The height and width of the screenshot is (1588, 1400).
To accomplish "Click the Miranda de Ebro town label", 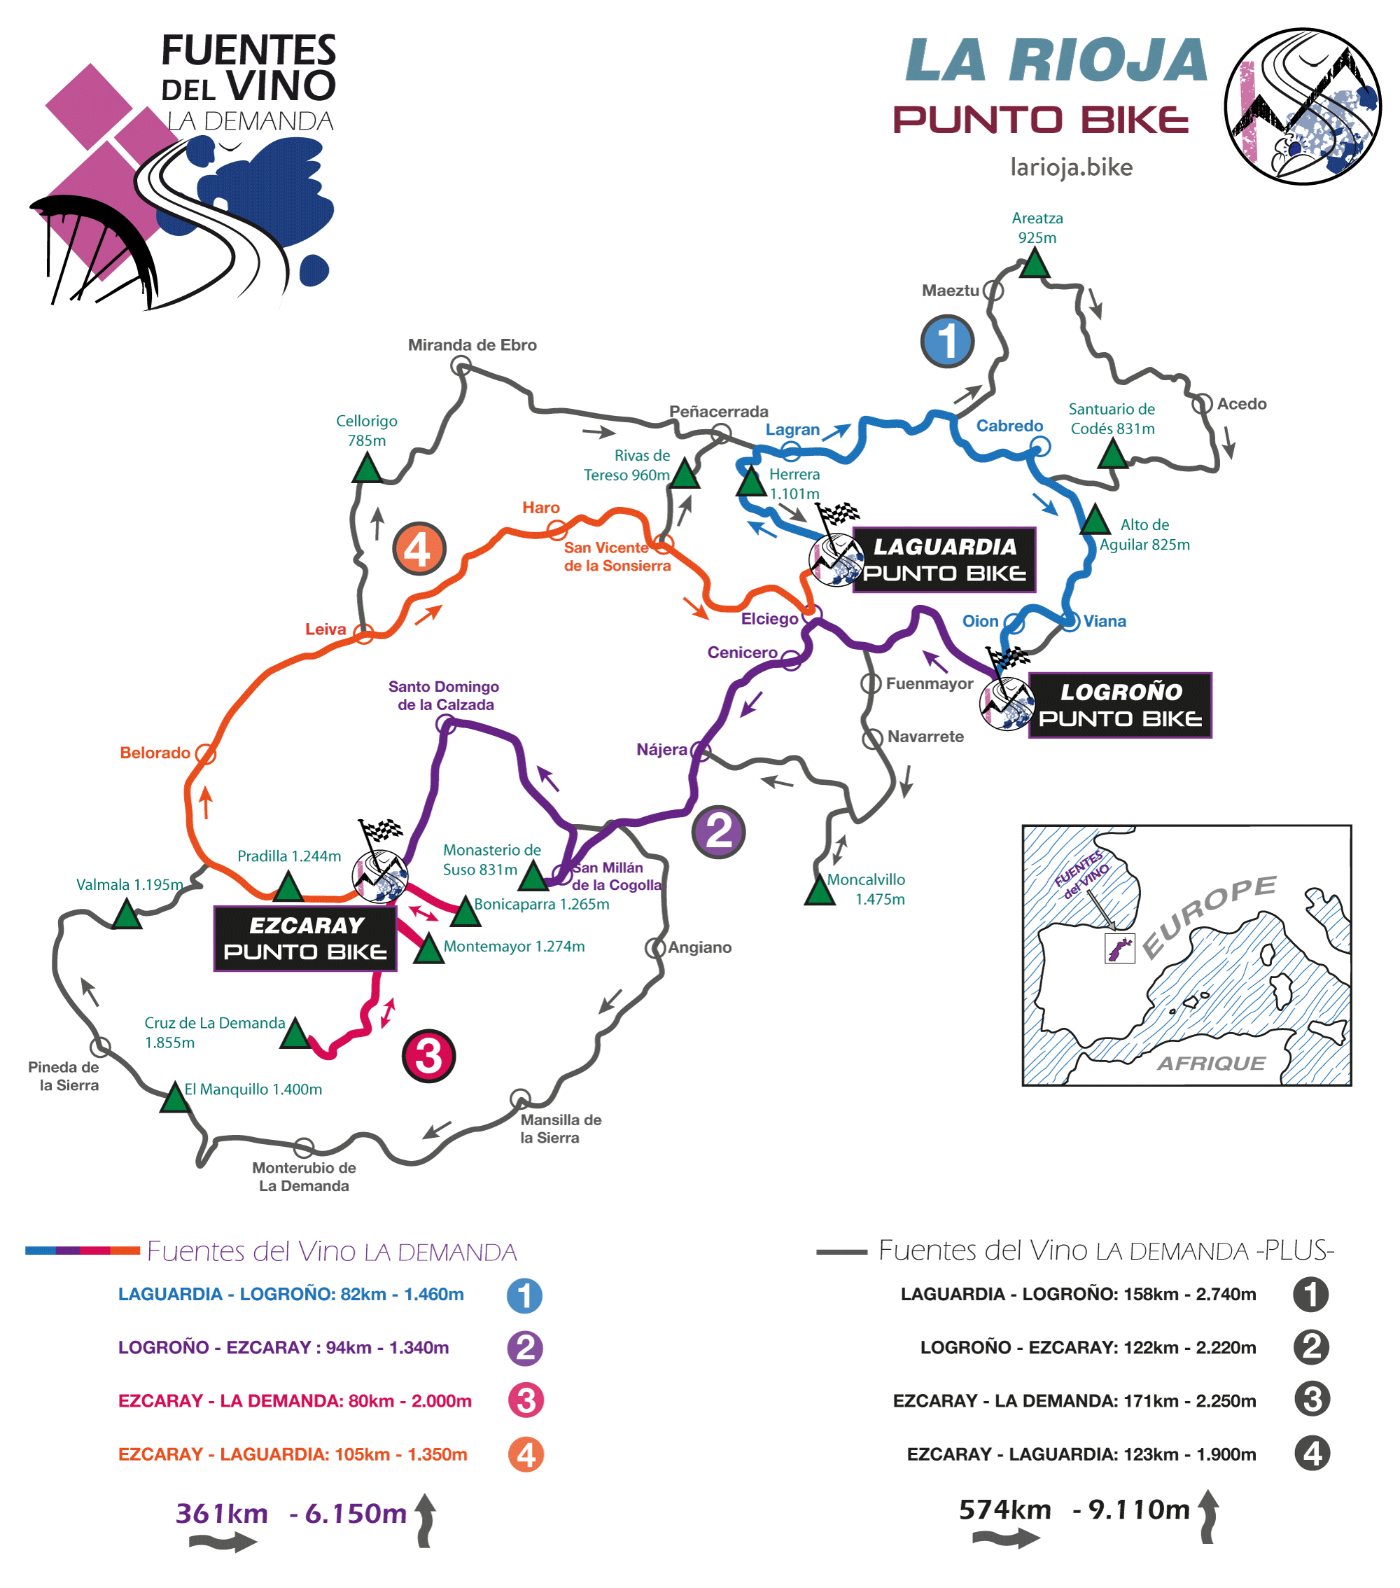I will pyautogui.click(x=472, y=344).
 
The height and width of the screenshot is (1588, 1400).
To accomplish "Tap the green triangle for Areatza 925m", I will pyautogui.click(x=1034, y=264).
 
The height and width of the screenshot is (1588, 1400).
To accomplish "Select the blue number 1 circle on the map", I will pyautogui.click(x=946, y=341).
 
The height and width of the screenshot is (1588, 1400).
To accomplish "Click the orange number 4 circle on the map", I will pyautogui.click(x=419, y=548).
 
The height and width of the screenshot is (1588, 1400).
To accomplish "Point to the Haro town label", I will pyautogui.click(x=540, y=508).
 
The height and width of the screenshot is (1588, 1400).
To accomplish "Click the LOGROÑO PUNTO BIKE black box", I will pyautogui.click(x=1119, y=704).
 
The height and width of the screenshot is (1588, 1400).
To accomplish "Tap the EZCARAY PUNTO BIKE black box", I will pyautogui.click(x=305, y=938).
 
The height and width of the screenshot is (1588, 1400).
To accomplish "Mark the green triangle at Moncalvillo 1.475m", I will pyautogui.click(x=819, y=891).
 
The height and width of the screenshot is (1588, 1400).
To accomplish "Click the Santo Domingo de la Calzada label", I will pyautogui.click(x=444, y=695).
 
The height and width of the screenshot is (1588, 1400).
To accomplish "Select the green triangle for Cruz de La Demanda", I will pyautogui.click(x=295, y=1034).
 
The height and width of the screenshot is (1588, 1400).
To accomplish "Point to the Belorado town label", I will pyautogui.click(x=155, y=752).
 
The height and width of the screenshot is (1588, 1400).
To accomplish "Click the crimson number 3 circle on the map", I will pyautogui.click(x=428, y=1055).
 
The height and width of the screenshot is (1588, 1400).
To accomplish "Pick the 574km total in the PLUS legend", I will pyautogui.click(x=1004, y=1509).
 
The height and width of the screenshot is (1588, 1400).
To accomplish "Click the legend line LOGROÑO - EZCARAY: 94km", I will pyautogui.click(x=283, y=1347).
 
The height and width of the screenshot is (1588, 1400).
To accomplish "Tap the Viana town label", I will pyautogui.click(x=1104, y=621).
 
